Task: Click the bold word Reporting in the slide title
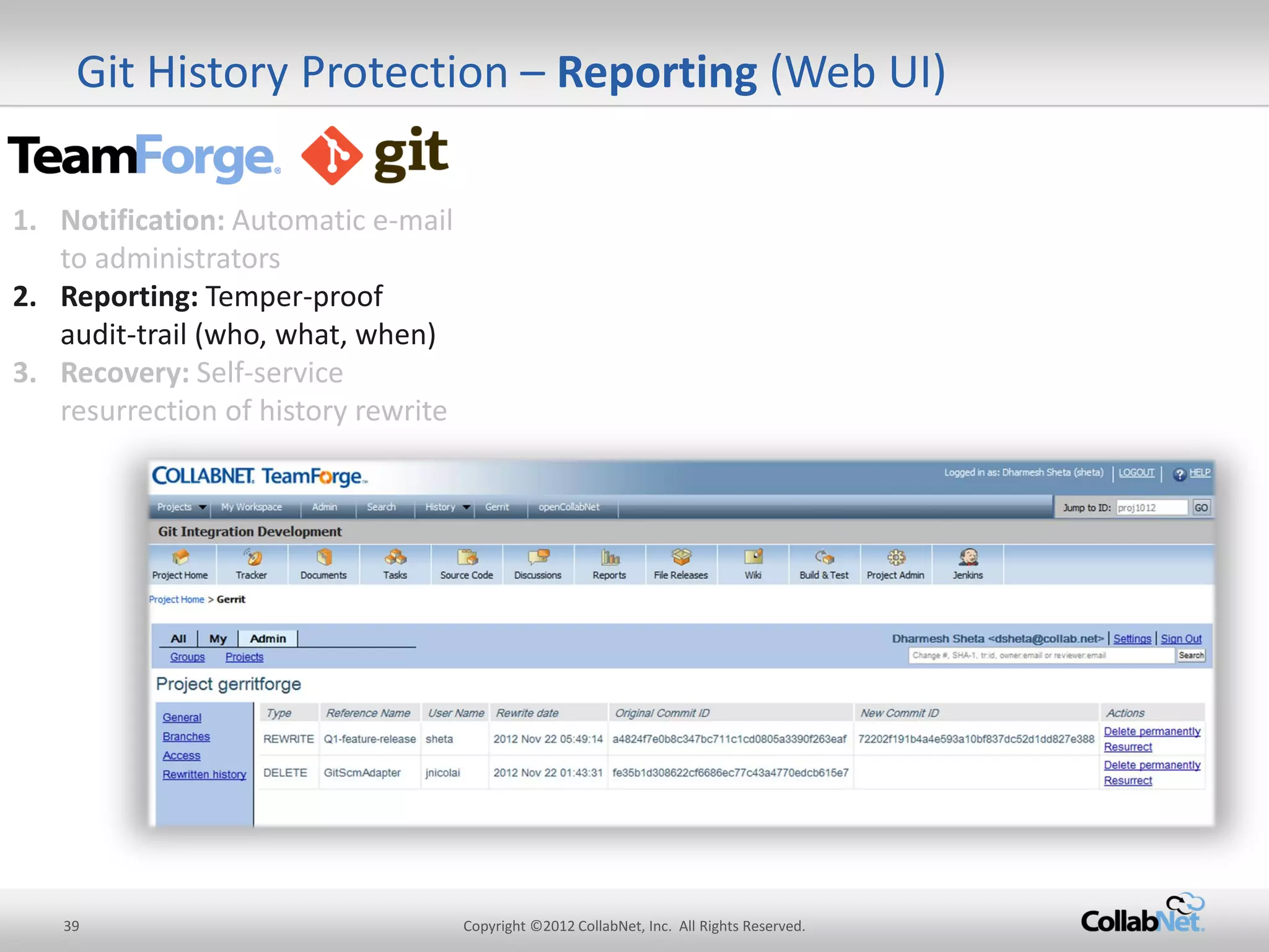pyautogui.click(x=657, y=73)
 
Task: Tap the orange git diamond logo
pyautogui.click(x=332, y=156)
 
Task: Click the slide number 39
pyautogui.click(x=71, y=926)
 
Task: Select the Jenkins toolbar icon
pyautogui.click(x=968, y=564)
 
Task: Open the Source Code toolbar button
pyautogui.click(x=467, y=564)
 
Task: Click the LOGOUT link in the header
pyautogui.click(x=1136, y=472)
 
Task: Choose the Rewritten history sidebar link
pyautogui.click(x=204, y=774)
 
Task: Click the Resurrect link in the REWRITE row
pyautogui.click(x=1128, y=747)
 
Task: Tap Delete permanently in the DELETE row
pyautogui.click(x=1152, y=765)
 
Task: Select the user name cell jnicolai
pyautogui.click(x=442, y=773)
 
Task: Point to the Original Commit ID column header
pyautogui.click(x=662, y=713)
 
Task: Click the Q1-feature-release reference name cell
pyautogui.click(x=369, y=739)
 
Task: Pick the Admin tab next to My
pyautogui.click(x=268, y=638)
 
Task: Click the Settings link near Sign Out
pyautogui.click(x=1131, y=638)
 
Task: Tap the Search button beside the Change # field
pyautogui.click(x=1191, y=655)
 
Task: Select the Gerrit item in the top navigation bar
pyautogui.click(x=496, y=507)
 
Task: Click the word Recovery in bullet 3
pyautogui.click(x=124, y=373)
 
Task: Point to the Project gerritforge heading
pyautogui.click(x=228, y=684)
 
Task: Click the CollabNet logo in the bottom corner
pyautogui.click(x=1141, y=915)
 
